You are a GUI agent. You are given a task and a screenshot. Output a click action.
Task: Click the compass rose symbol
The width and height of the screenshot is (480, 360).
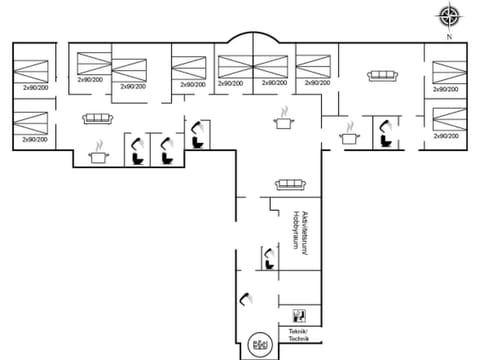(449, 16)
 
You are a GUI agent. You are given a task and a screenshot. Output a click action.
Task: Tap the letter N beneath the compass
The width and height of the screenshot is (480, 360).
(449, 36)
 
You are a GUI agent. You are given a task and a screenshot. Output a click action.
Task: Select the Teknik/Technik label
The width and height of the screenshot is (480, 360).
(299, 335)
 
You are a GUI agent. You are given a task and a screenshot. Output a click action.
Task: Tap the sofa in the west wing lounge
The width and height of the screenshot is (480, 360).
(97, 117)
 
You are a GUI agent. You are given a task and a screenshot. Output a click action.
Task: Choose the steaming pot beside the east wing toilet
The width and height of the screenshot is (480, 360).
(349, 135)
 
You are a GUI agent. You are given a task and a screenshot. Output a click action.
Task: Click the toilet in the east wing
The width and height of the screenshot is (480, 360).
(382, 130)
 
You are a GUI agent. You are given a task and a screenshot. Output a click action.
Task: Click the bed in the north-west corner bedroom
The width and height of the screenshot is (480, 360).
(31, 70)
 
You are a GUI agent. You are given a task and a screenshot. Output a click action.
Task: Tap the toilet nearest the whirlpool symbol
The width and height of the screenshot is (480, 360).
(245, 300)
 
